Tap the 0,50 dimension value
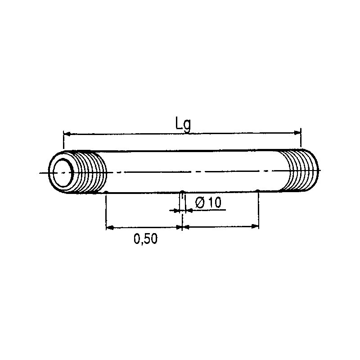pyautogui.click(x=145, y=239)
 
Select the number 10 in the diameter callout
pyautogui.click(x=215, y=203)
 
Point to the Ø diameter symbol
pyautogui.click(x=200, y=203)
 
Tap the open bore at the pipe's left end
pyautogui.click(x=62, y=172)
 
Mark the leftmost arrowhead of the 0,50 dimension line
pyautogui.click(x=109, y=227)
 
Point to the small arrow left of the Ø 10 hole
pyautogui.click(x=175, y=210)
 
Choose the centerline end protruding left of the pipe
pyautogui.click(x=43, y=173)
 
